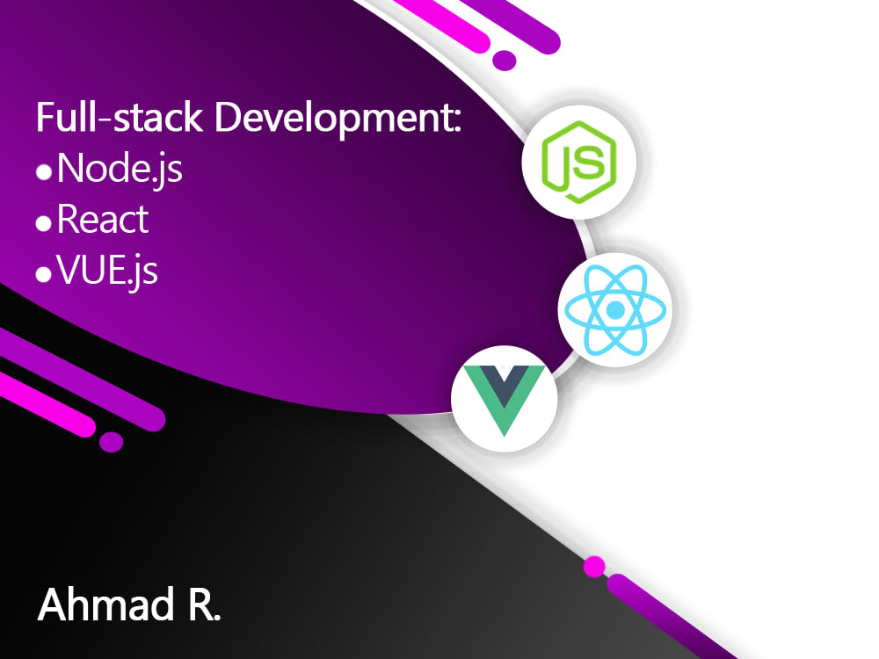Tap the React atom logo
coord(614,310)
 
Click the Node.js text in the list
coord(120,169)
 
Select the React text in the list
coord(103,220)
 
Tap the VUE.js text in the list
coord(107,271)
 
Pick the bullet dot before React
coord(44,224)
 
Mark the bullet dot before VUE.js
coord(44,275)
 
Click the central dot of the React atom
coord(614,310)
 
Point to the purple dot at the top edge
coord(504,60)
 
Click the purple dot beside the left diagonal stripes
coord(111,441)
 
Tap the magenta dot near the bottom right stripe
coord(594,567)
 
